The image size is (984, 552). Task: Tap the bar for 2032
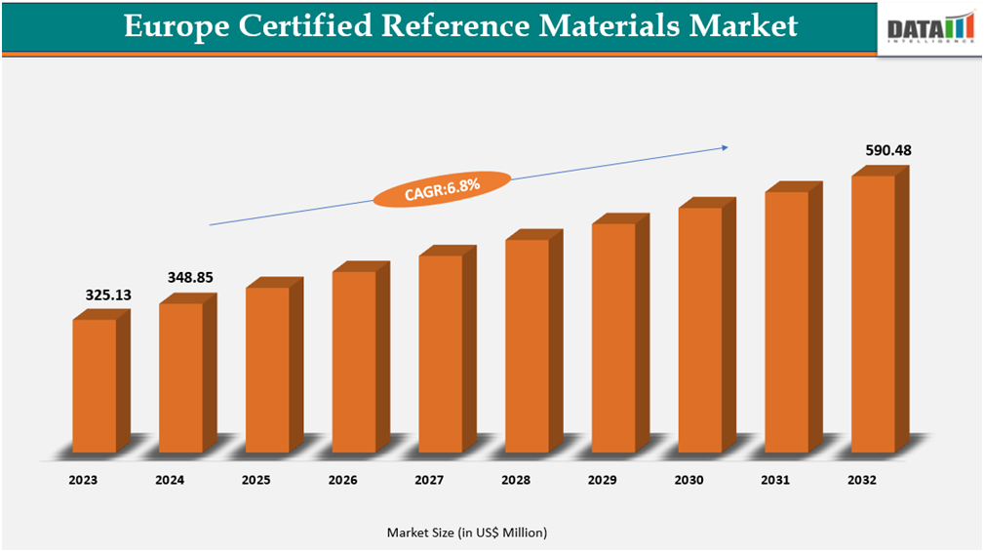(x=874, y=313)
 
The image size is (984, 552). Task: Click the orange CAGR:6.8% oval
(x=442, y=187)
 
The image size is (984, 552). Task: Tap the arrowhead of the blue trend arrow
(x=724, y=148)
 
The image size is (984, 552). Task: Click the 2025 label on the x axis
(x=256, y=480)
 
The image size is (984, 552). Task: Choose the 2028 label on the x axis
(x=516, y=480)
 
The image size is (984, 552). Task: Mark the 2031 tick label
(x=776, y=480)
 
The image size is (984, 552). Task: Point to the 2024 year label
(x=170, y=480)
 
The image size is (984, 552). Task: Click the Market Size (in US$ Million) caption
(x=467, y=532)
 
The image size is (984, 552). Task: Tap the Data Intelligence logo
(x=929, y=29)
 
